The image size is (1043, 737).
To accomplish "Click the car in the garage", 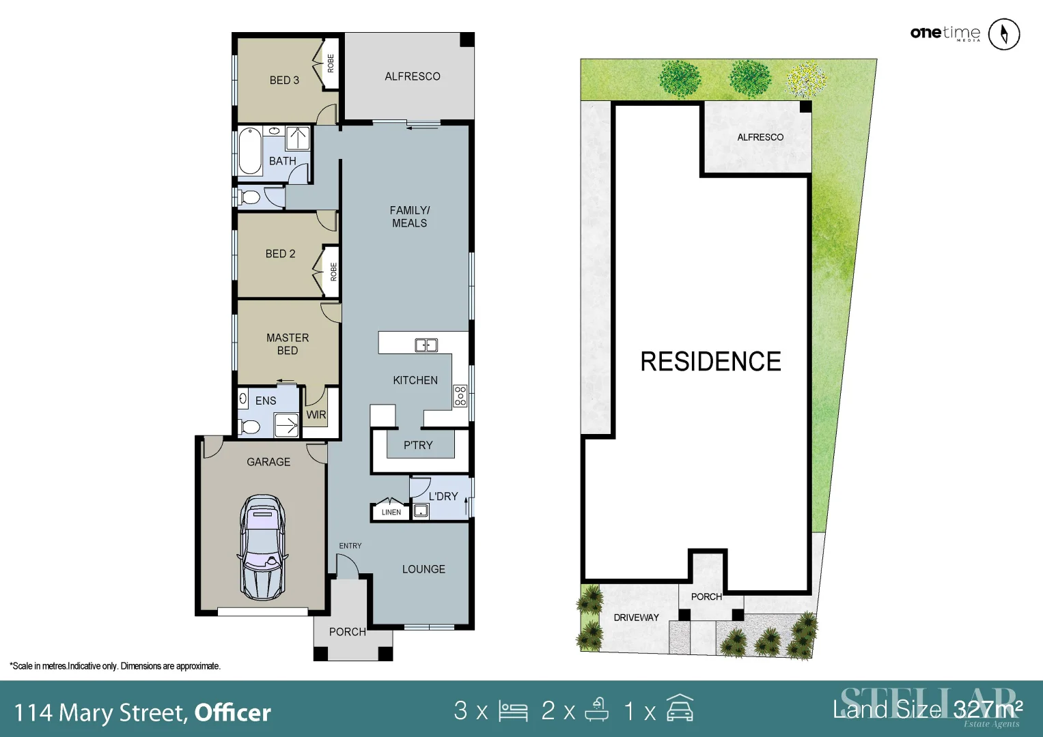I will (262, 547).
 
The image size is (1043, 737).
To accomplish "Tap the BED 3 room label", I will (284, 80).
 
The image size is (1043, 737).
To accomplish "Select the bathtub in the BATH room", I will (250, 151).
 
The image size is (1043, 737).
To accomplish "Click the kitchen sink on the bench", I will (426, 345).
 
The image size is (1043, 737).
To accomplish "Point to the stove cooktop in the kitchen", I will (460, 396).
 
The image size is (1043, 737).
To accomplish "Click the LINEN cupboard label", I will (391, 512).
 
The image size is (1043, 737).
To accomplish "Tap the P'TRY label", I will (418, 446).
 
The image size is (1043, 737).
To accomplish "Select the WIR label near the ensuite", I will (316, 415).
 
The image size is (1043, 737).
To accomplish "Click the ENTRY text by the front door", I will (350, 546).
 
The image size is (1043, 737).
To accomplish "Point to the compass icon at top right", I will (1004, 34).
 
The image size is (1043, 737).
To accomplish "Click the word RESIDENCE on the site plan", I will (710, 362).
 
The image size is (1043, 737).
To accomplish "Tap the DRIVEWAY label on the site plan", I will (636, 618).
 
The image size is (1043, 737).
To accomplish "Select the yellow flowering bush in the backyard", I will (806, 79).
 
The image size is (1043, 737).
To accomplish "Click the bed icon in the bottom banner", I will (513, 711).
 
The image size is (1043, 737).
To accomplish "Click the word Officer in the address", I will (233, 713).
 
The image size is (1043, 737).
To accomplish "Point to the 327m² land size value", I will (988, 710).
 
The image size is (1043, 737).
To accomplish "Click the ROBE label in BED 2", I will (333, 272).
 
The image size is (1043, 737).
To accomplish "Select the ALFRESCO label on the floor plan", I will (412, 76).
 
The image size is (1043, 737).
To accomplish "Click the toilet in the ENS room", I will (250, 427).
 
